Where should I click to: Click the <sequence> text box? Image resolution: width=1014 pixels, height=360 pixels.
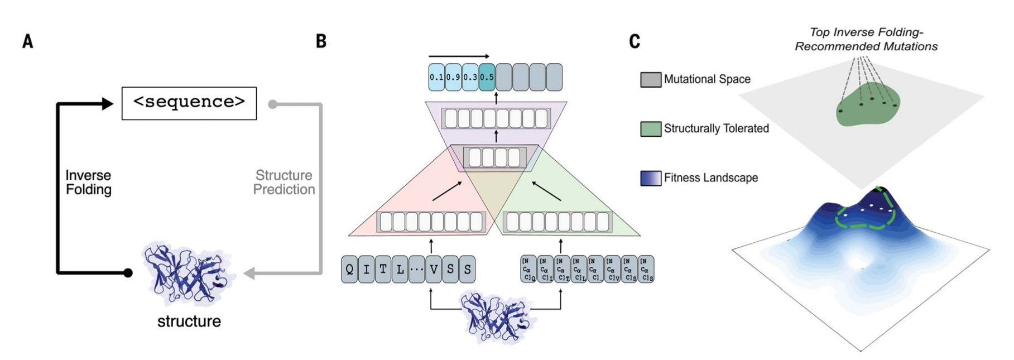tap(189, 103)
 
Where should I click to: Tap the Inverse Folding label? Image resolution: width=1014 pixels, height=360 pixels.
tap(88, 183)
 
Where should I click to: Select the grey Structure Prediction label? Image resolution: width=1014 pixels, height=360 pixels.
tap(283, 183)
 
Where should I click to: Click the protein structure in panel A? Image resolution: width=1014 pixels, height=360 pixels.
tap(187, 273)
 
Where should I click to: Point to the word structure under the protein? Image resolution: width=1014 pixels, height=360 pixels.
tap(189, 321)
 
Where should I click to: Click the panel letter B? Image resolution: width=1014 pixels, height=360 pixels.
tap(321, 41)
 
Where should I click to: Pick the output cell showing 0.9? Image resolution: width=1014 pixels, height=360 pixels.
tap(453, 77)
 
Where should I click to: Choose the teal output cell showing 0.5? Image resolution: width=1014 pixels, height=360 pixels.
tap(487, 77)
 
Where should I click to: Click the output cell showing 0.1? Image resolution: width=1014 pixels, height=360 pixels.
tap(436, 77)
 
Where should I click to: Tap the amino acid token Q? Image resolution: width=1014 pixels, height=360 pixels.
tap(349, 270)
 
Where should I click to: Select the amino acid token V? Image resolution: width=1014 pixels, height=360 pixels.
tap(434, 270)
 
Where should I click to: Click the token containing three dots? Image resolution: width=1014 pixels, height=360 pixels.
tap(416, 270)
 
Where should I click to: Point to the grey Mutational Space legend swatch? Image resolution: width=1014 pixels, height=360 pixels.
tap(651, 80)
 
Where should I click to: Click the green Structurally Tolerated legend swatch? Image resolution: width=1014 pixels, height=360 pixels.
tap(651, 129)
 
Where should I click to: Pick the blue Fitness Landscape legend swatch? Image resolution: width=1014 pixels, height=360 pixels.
tap(651, 178)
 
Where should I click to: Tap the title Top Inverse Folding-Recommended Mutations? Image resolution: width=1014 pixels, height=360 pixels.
tap(866, 39)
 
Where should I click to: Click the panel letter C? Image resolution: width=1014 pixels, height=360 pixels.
tap(635, 41)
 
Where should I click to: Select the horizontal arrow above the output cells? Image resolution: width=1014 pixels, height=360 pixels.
tap(459, 56)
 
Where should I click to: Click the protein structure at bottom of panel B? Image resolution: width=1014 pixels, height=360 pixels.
tap(495, 317)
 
